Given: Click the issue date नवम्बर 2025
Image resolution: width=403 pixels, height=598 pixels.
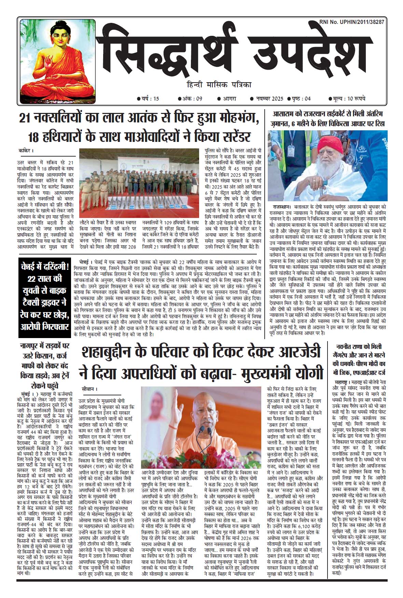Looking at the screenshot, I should coord(266,99).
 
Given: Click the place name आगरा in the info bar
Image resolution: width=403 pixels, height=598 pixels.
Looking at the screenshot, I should coord(226,99).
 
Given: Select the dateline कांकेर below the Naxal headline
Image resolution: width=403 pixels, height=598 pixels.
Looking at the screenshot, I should coord(26,150).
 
